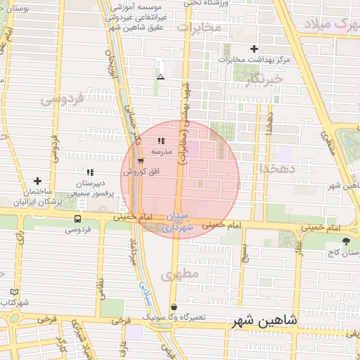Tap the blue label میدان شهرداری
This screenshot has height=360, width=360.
(x=172, y=221)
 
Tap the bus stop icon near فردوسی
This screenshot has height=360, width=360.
(x=77, y=219)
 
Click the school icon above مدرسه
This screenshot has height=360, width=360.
(x=160, y=141)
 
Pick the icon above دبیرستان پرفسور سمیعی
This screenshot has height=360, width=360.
(x=89, y=172)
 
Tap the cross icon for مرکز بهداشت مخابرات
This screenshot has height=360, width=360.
(x=255, y=49)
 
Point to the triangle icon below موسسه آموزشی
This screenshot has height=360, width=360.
(x=160, y=77)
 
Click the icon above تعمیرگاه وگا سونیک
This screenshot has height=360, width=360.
(x=174, y=307)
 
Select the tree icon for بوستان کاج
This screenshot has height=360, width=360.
(x=345, y=241)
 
